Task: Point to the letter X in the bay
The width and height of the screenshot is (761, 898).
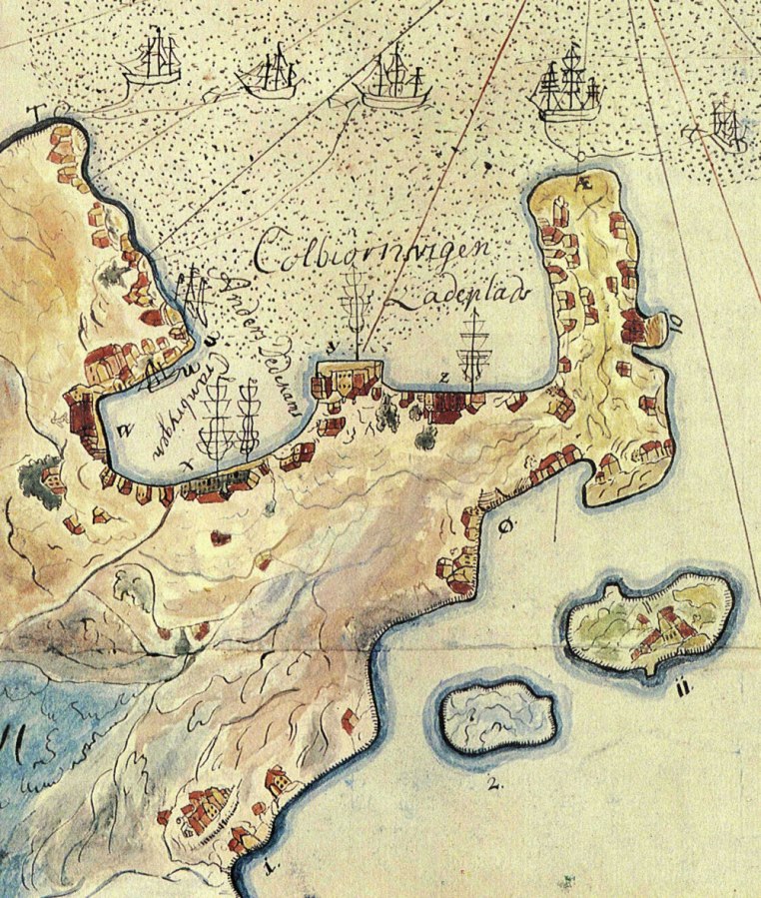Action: [x=188, y=466]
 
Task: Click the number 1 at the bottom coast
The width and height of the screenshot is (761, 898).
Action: [x=266, y=866]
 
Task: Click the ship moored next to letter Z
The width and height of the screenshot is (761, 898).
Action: [x=475, y=350]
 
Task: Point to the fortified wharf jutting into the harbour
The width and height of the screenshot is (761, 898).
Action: [x=348, y=380]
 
